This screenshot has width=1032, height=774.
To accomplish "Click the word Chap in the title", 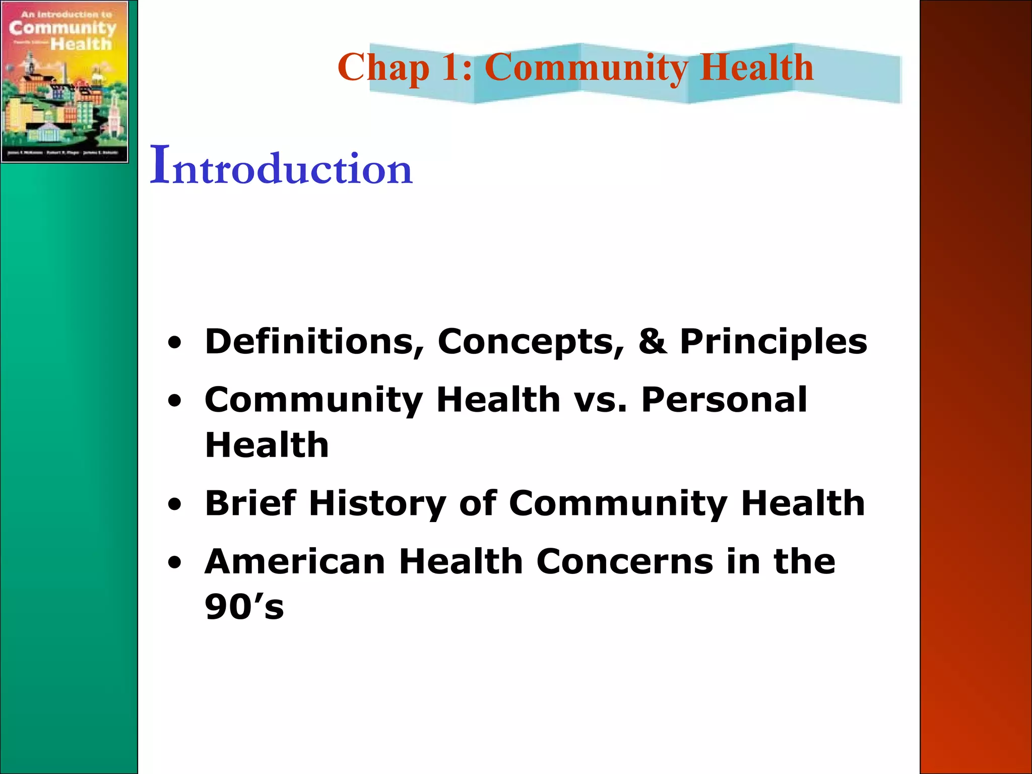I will click(x=383, y=68).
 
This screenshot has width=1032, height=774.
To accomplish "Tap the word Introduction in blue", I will click(x=281, y=166).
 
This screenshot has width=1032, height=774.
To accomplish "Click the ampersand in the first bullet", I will click(x=652, y=341).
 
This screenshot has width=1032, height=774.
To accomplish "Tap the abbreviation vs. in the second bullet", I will click(x=600, y=400).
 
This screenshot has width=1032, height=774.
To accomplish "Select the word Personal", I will click(x=724, y=400).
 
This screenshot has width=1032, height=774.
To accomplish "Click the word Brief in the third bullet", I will click(x=250, y=503).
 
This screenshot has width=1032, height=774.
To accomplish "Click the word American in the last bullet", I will click(x=295, y=561).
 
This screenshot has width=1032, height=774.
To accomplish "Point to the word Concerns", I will click(x=624, y=561).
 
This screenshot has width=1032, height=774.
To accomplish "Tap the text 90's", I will click(x=244, y=607).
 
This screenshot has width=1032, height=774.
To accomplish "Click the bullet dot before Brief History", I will click(x=174, y=504).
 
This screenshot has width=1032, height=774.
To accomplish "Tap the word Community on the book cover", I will click(x=62, y=28).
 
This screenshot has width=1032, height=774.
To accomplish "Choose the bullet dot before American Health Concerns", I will click(x=174, y=563).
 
